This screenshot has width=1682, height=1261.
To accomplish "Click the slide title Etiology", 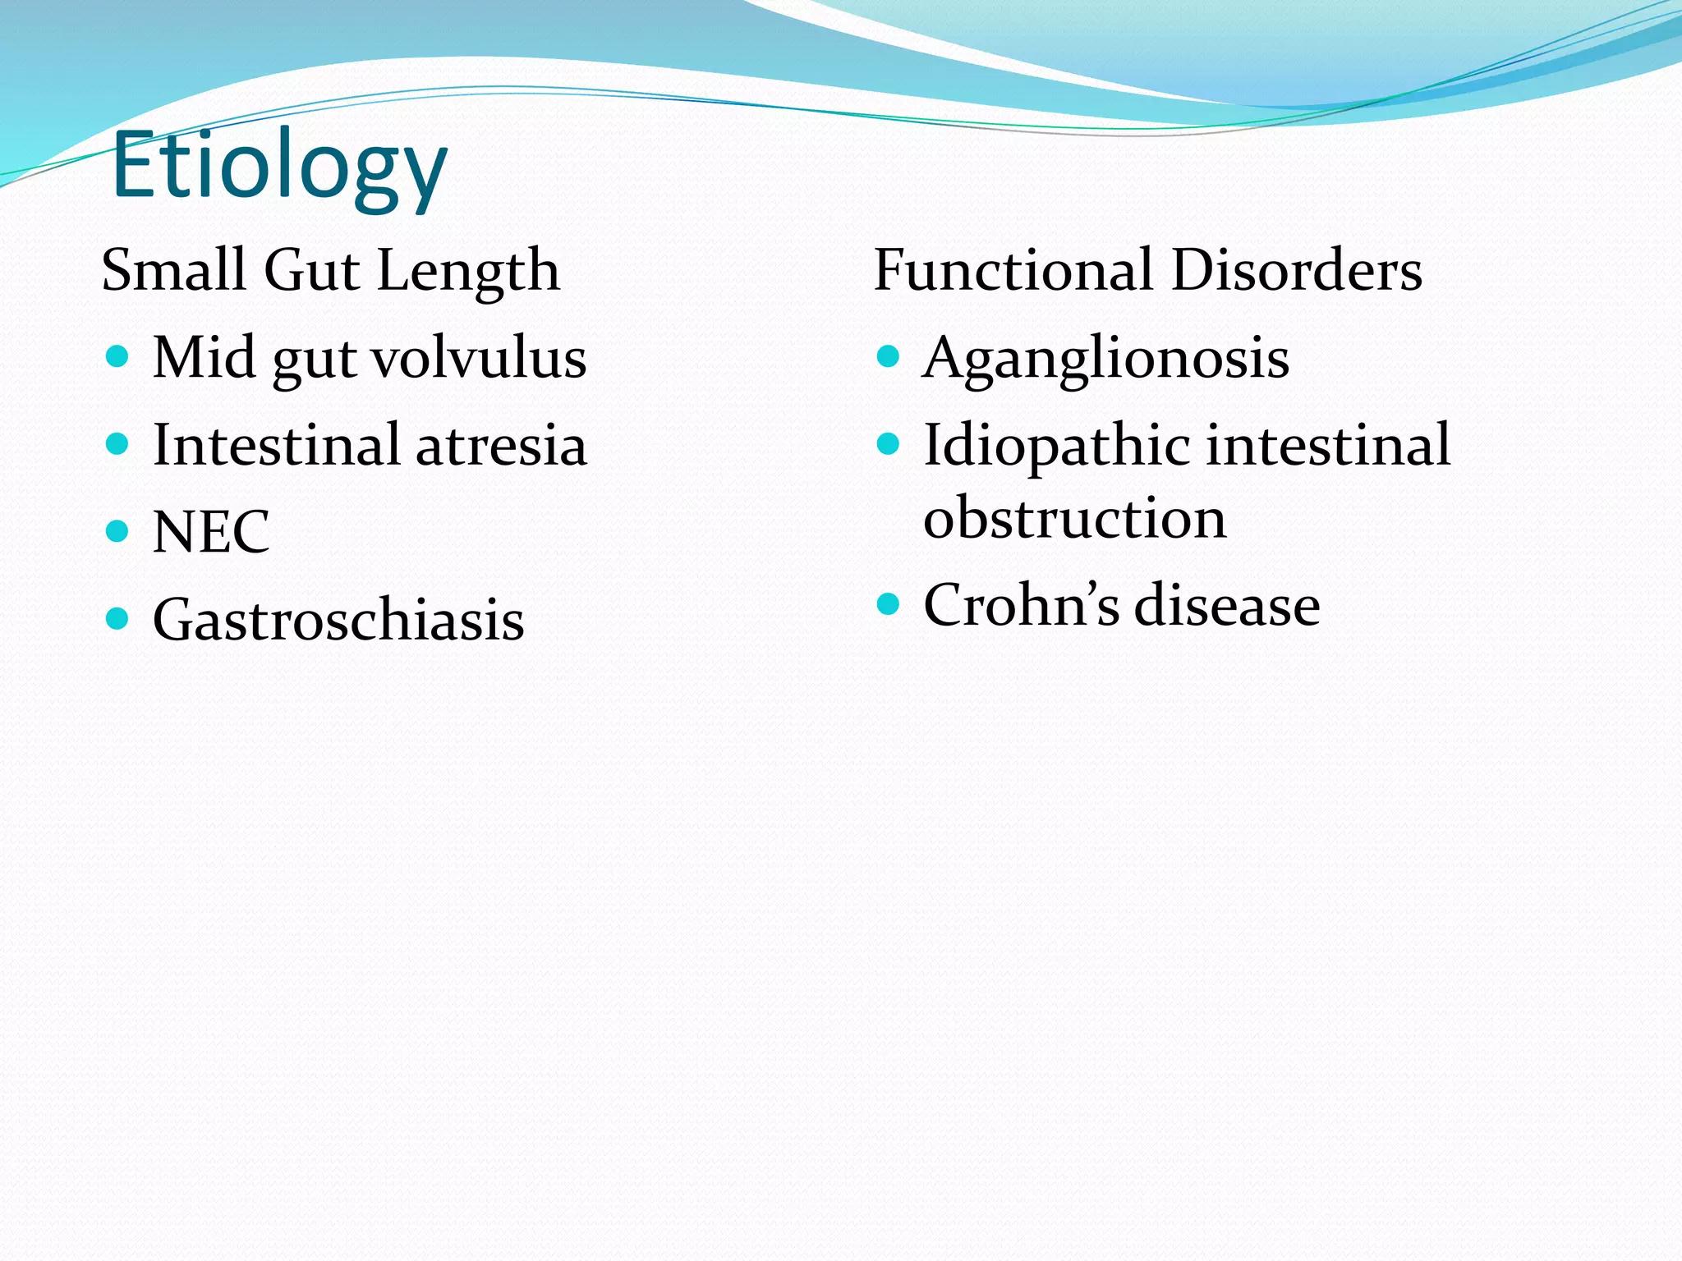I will tap(279, 167).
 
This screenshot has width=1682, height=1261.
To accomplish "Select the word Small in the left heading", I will tap(173, 270).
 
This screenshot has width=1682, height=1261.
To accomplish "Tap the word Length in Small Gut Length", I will tap(469, 272).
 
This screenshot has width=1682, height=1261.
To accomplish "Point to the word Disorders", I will tap(1297, 270).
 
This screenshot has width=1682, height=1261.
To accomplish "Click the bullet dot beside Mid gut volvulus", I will tap(117, 356).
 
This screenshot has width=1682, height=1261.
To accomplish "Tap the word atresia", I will tap(501, 445).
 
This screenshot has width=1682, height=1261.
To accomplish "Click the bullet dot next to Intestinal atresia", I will tap(117, 444).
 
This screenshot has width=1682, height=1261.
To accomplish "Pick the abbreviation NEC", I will tap(211, 532).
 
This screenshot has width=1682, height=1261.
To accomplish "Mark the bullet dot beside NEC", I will tap(117, 531).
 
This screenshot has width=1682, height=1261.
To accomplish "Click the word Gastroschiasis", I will tap(338, 620).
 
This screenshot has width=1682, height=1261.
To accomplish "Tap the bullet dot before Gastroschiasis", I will tap(117, 618).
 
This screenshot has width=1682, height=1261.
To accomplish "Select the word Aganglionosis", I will tap(1105, 360).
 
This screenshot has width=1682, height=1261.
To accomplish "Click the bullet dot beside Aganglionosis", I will tap(888, 356).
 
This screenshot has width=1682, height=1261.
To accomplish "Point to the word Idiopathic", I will tap(1056, 446).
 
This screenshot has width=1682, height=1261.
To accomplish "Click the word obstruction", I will tap(1074, 518).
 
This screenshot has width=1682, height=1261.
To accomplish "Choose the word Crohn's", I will tap(1021, 605).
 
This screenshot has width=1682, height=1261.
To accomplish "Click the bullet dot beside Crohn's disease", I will tap(888, 605).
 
